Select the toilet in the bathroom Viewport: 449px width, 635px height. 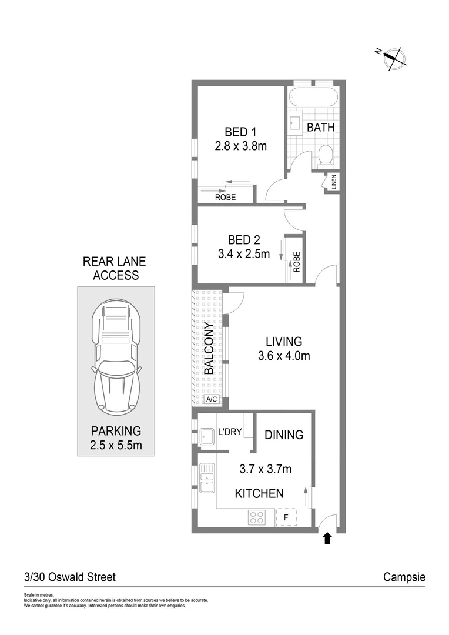[325, 155]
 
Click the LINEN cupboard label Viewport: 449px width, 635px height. [334, 183]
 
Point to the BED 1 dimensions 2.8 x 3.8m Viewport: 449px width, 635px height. [240, 145]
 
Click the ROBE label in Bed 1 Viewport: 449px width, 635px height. [225, 198]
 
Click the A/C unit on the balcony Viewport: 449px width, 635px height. [211, 400]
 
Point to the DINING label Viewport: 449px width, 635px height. [284, 435]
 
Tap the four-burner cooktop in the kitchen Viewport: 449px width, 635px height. [257, 517]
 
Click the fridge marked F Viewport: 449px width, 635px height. [286, 517]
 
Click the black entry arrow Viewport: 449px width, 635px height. [327, 539]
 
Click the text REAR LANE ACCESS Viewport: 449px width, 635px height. [115, 268]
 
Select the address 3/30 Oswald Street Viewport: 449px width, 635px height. [69, 577]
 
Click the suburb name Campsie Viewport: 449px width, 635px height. [404, 577]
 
